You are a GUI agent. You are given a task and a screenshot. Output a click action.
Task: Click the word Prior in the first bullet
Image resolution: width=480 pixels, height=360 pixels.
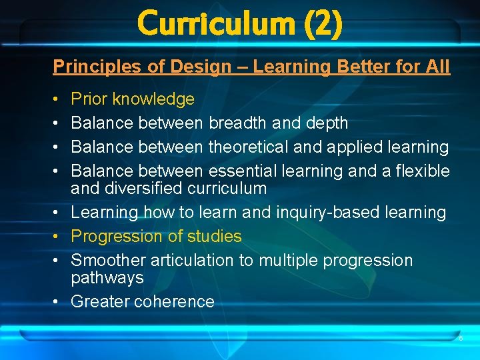[x=89, y=99]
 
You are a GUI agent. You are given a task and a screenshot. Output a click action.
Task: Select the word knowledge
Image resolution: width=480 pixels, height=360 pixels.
[x=153, y=99]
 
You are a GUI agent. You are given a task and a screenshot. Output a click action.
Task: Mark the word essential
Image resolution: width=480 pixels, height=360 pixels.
[x=244, y=171]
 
